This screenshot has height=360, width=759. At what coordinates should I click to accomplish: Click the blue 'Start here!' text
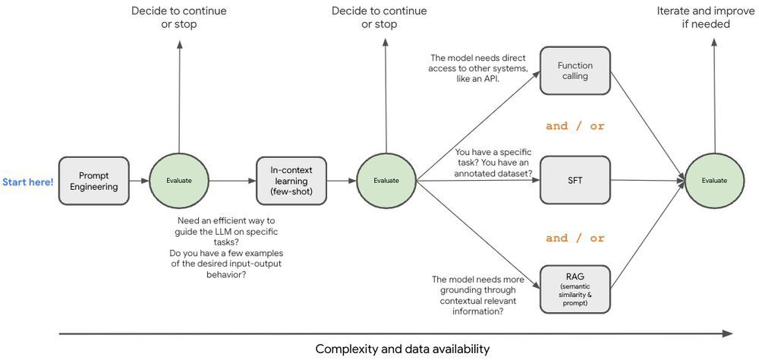click(x=28, y=182)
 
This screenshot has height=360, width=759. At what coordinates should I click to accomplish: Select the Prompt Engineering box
click(x=94, y=181)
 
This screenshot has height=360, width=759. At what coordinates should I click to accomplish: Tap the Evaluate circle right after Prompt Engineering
click(x=179, y=181)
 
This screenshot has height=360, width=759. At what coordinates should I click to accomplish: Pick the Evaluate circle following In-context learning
click(x=386, y=181)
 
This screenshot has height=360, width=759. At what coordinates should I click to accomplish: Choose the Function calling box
click(x=575, y=71)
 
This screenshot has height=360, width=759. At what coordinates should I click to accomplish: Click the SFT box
click(x=575, y=180)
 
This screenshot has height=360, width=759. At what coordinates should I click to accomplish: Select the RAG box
click(x=575, y=289)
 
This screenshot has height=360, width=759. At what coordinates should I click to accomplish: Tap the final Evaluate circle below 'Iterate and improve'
click(x=713, y=181)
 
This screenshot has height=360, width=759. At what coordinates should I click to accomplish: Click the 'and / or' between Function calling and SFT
click(x=575, y=126)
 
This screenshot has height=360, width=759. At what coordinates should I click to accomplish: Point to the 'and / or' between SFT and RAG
click(x=575, y=238)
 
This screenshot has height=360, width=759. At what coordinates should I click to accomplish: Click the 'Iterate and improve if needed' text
click(x=694, y=17)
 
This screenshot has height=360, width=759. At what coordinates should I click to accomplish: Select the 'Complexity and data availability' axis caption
click(x=402, y=349)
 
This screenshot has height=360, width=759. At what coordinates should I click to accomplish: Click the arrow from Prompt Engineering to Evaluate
click(x=139, y=181)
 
